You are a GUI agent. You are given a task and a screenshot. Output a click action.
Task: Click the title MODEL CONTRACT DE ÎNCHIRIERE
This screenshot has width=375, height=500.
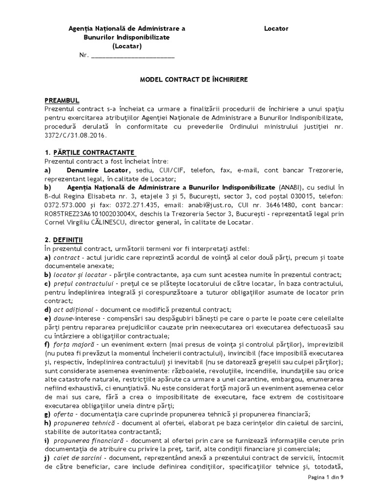(x=187, y=79)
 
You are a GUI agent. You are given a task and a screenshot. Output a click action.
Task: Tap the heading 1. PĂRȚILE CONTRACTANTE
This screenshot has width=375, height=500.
(x=90, y=152)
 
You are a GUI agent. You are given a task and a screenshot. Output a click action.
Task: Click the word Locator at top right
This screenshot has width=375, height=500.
(x=276, y=28)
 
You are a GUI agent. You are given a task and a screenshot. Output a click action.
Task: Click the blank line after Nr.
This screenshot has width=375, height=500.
(x=133, y=55)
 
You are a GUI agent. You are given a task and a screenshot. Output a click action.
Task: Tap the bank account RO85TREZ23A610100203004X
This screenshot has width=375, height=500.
(x=93, y=213)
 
